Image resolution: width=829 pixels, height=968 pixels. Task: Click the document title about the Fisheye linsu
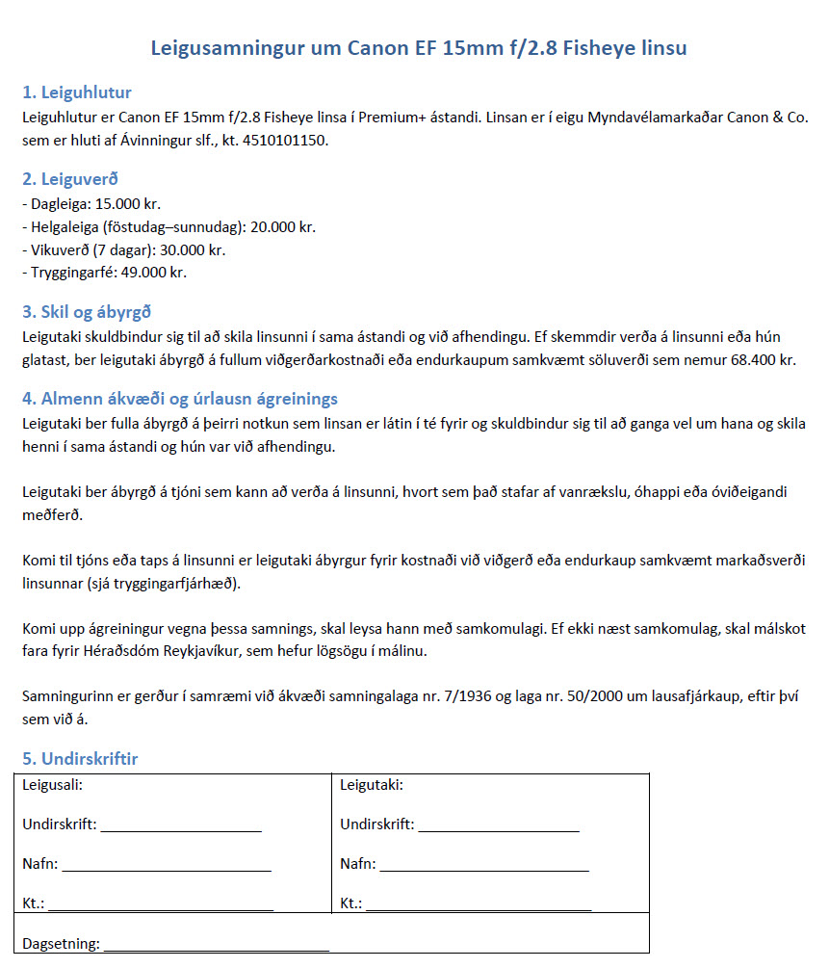tap(419, 48)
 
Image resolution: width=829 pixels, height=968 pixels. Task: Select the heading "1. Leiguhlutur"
tap(77, 93)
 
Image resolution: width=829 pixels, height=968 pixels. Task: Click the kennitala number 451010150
tap(288, 142)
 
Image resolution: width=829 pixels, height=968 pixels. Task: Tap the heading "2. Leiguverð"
tap(70, 179)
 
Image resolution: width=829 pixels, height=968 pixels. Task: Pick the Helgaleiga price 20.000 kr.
tap(283, 227)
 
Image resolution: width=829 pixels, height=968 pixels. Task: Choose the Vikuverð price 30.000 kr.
tap(193, 249)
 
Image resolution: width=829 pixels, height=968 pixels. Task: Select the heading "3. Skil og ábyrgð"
tap(87, 312)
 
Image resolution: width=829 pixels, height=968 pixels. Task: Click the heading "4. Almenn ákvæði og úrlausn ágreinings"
tap(180, 399)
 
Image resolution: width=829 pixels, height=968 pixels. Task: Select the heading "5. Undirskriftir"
tap(80, 759)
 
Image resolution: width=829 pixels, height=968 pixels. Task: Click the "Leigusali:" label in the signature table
tap(52, 785)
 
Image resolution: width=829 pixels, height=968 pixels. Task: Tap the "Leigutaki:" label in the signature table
tap(372, 785)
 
